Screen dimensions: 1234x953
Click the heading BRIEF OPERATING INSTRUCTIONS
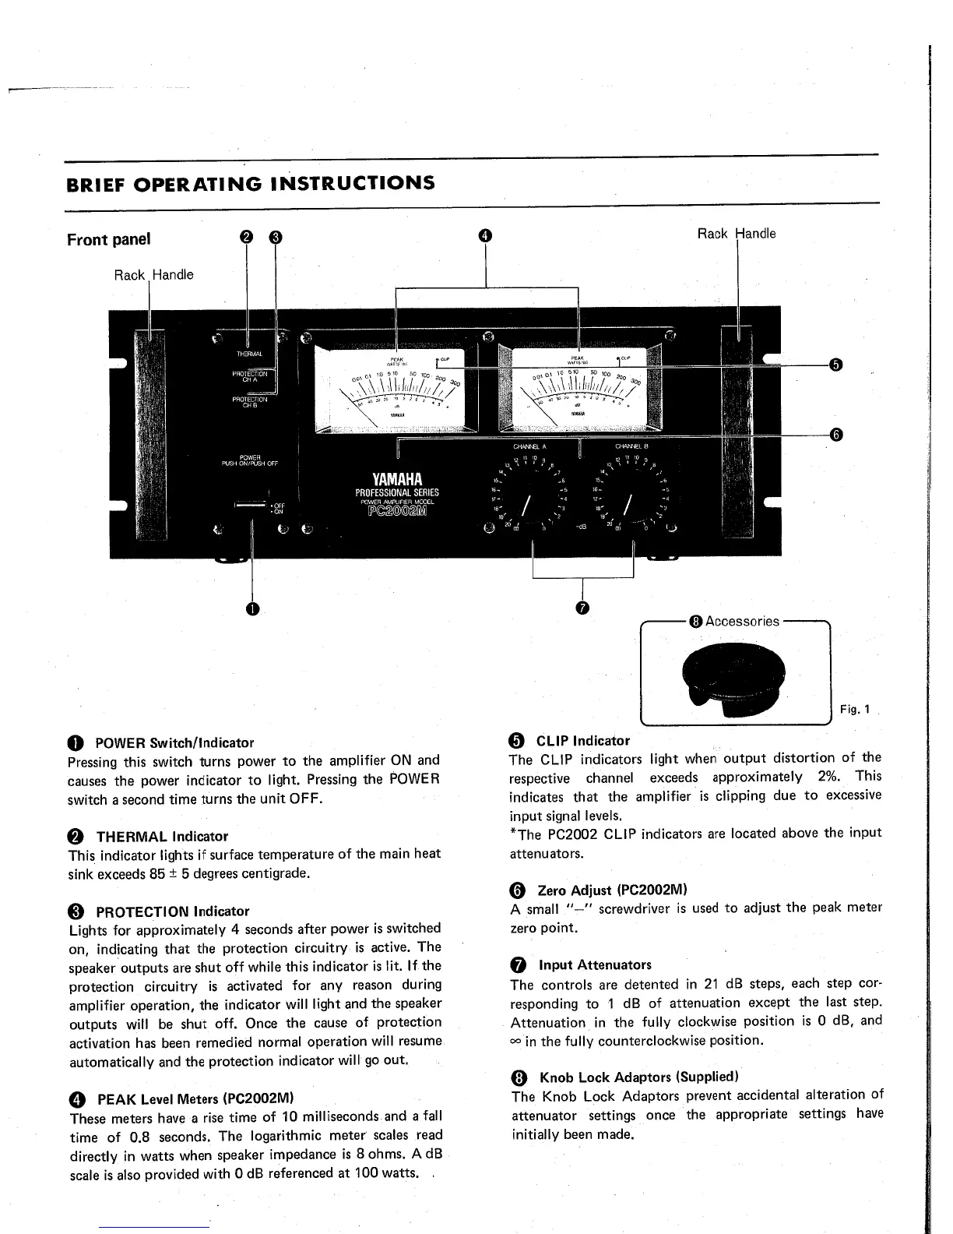pyautogui.click(x=250, y=184)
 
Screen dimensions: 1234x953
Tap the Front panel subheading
pyautogui.click(x=108, y=239)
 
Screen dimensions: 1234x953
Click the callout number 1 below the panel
pyautogui.click(x=251, y=608)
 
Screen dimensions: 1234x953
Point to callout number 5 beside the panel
pyautogui.click(x=835, y=365)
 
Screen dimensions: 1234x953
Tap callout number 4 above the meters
pyautogui.click(x=485, y=235)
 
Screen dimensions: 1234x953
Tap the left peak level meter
pyautogui.click(x=396, y=387)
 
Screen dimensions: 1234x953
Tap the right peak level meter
pyautogui.click(x=578, y=387)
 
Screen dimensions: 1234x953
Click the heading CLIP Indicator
pyautogui.click(x=582, y=741)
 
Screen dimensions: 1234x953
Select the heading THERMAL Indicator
pyautogui.click(x=161, y=837)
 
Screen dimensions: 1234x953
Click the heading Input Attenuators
pyautogui.click(x=595, y=964)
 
